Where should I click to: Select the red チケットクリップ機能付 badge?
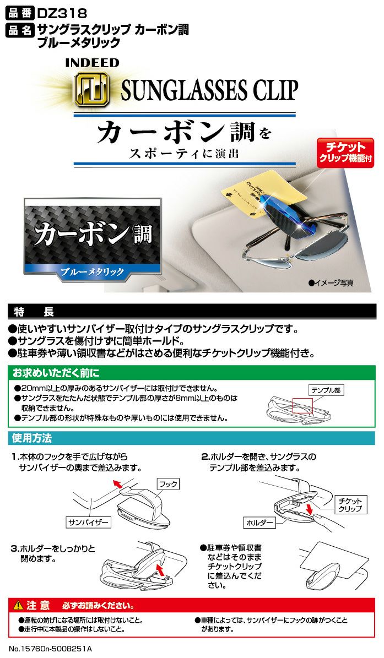click(x=345, y=153)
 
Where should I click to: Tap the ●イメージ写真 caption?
click(x=331, y=282)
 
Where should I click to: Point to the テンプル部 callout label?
click(x=326, y=390)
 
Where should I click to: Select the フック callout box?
click(x=168, y=484)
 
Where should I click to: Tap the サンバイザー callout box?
click(x=88, y=521)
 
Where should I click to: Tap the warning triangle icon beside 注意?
click(x=18, y=606)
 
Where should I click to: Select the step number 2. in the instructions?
click(x=204, y=457)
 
